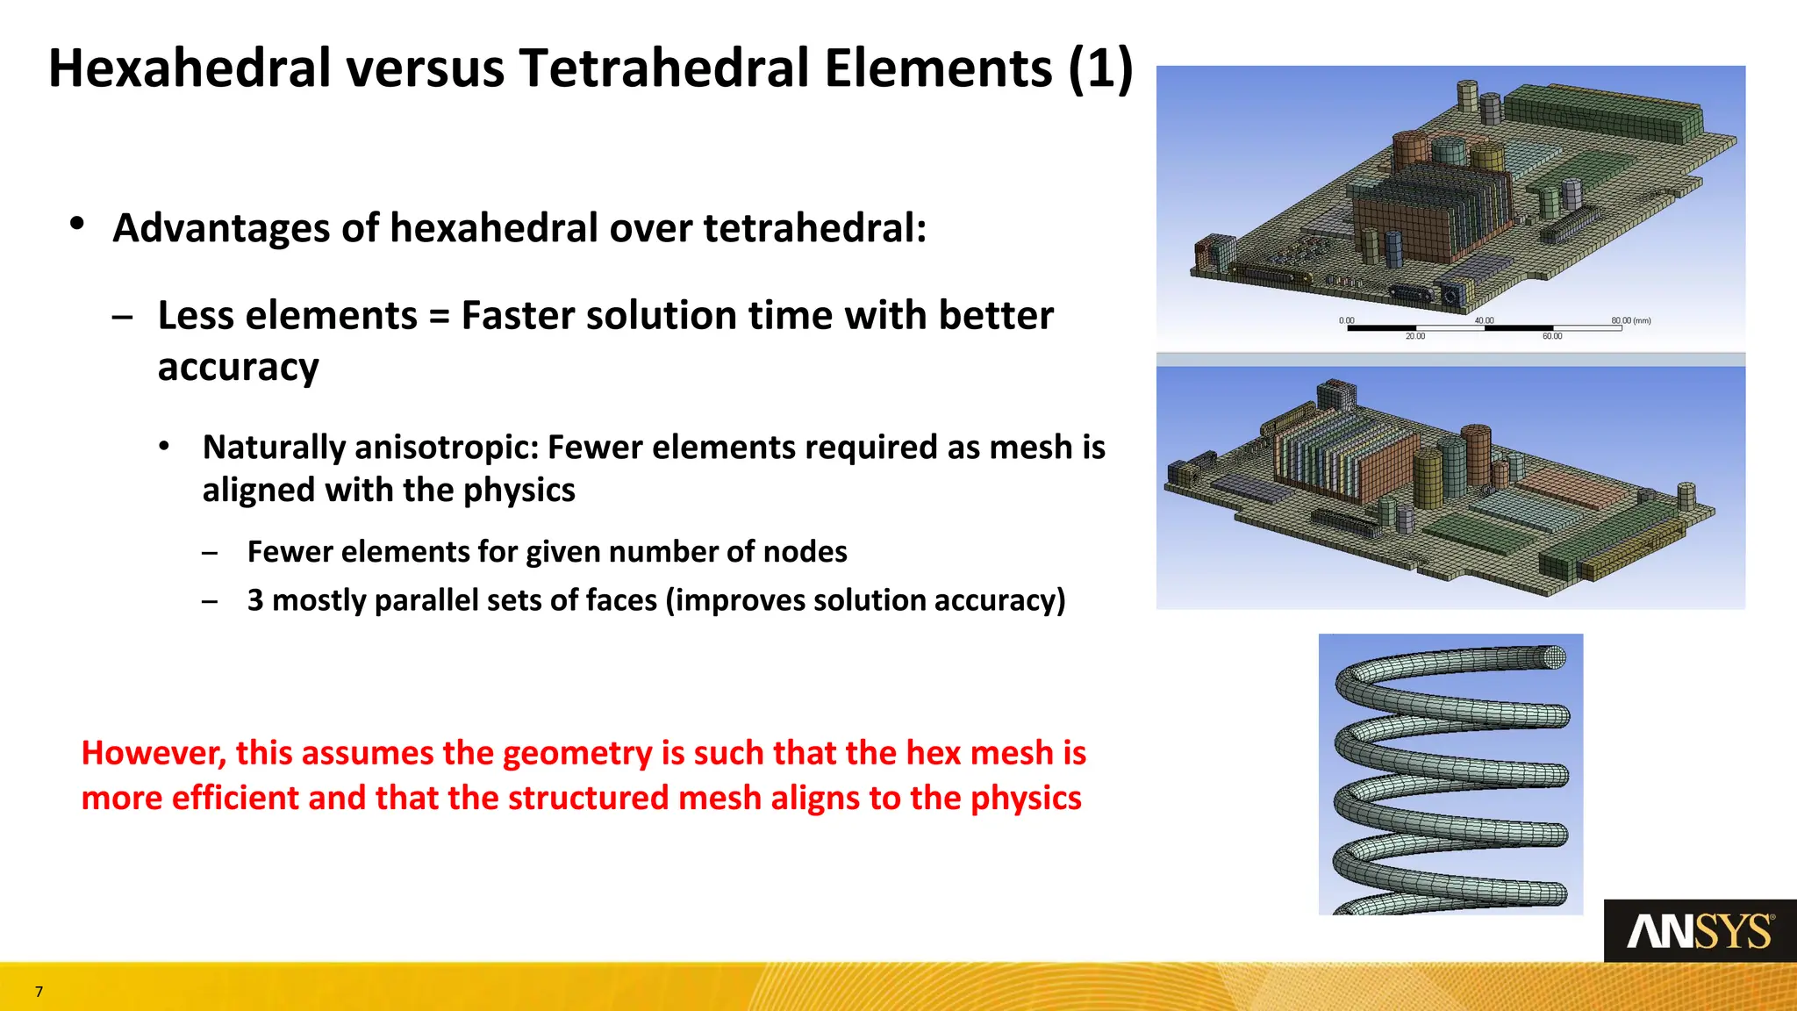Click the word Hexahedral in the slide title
click(x=188, y=68)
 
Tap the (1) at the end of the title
click(x=1100, y=68)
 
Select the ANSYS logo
click(x=1700, y=931)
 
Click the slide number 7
click(x=39, y=992)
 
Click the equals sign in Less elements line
click(x=439, y=316)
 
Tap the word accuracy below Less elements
click(x=238, y=367)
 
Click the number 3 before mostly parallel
click(x=255, y=600)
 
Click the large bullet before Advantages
click(x=77, y=224)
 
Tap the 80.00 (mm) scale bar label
click(x=1630, y=320)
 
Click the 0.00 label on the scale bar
click(x=1346, y=320)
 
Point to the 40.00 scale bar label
click(x=1484, y=320)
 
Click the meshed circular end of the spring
click(x=1554, y=657)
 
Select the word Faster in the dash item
click(x=518, y=316)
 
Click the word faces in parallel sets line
click(x=621, y=600)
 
